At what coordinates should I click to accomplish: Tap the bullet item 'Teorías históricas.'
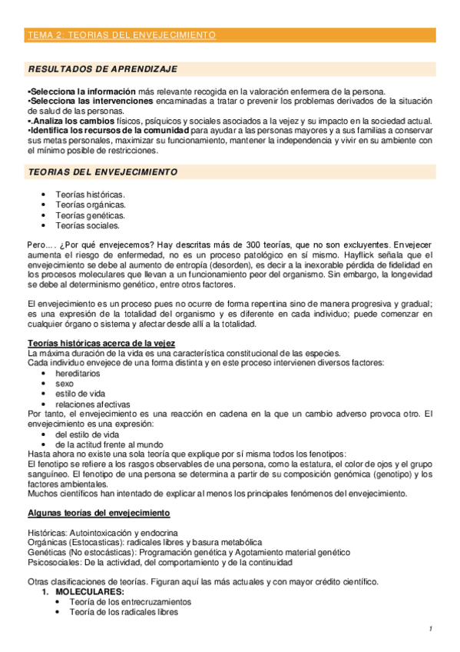click(x=89, y=195)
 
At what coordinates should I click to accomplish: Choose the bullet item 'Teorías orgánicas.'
click(x=91, y=205)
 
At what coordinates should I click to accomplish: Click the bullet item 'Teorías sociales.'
click(x=87, y=225)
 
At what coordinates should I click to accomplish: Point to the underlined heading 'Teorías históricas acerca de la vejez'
click(x=101, y=343)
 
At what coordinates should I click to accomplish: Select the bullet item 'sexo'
click(x=65, y=383)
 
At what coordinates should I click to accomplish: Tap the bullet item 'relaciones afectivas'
click(x=92, y=404)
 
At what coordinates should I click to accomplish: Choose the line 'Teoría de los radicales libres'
click(x=123, y=612)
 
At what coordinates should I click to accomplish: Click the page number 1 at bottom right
click(x=431, y=630)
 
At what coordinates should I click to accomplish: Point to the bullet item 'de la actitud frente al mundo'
click(x=110, y=444)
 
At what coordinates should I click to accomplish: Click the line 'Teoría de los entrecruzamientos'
click(x=130, y=602)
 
